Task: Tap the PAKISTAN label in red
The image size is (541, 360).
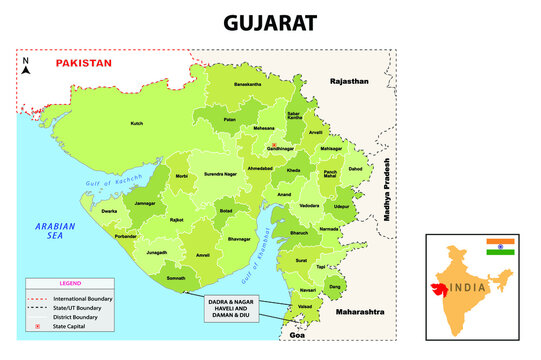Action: (x=83, y=63)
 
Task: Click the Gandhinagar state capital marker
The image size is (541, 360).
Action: (x=272, y=144)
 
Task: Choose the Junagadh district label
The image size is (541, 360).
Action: (x=157, y=253)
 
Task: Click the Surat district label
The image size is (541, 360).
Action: (x=301, y=260)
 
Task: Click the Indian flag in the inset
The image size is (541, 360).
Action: (x=498, y=247)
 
